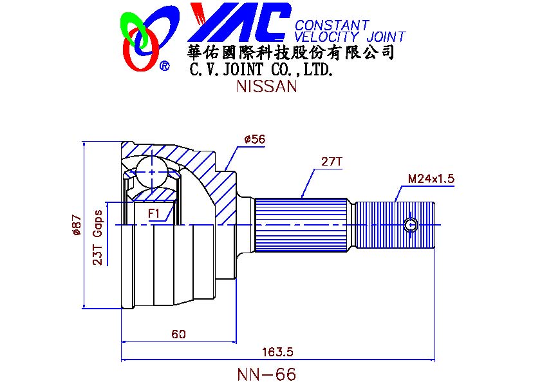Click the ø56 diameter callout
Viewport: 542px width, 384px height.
click(x=256, y=139)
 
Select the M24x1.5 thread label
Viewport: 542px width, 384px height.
click(x=431, y=178)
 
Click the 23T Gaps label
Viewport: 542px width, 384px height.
click(x=98, y=237)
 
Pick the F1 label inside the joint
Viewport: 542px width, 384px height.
click(x=154, y=213)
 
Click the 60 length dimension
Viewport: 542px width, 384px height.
click(x=178, y=334)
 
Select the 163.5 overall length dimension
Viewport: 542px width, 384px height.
click(x=277, y=352)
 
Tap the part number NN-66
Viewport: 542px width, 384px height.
click(x=266, y=374)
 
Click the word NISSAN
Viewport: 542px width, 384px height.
click(x=266, y=87)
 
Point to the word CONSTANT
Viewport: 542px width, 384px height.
click(x=332, y=25)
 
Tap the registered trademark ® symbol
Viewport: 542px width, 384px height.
click(x=164, y=66)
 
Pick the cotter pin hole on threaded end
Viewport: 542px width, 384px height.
click(x=411, y=224)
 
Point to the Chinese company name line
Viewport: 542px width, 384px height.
click(x=289, y=52)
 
